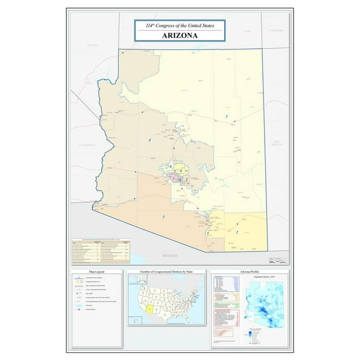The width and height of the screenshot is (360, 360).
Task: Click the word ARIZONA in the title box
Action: point(180,35)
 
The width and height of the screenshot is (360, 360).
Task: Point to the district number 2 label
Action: point(236,232)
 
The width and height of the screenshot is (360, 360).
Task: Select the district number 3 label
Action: point(163,218)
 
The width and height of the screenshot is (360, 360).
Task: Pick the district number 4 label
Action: point(150,140)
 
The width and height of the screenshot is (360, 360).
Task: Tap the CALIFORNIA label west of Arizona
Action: point(86,144)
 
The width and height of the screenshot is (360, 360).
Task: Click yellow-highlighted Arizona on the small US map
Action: point(149,309)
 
